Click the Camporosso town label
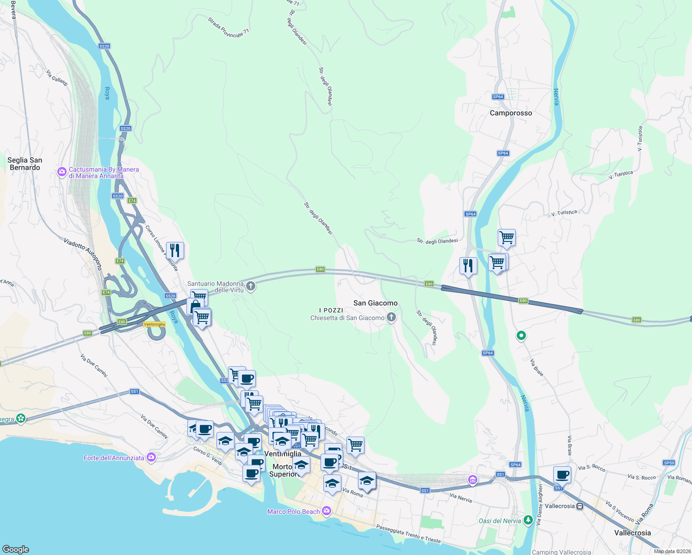coord(511,113)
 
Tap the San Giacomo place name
coord(375,303)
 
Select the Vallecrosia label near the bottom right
coord(632,533)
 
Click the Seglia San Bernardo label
coord(25,164)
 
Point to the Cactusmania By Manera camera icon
coord(62,172)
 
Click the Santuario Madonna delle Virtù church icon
coord(251,286)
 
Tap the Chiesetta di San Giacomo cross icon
coord(391,317)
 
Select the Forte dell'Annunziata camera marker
coord(151,457)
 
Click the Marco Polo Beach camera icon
coord(327,511)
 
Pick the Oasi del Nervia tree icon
coord(528,520)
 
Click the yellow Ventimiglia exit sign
coord(154,324)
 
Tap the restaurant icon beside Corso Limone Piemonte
coord(175,251)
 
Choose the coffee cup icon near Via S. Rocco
coord(562,475)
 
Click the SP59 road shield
coord(669,463)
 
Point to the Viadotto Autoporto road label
coord(83,254)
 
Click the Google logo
coord(15,549)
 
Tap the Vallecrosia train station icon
coord(580,506)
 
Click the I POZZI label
coord(331,310)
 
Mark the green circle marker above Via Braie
coord(521,336)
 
